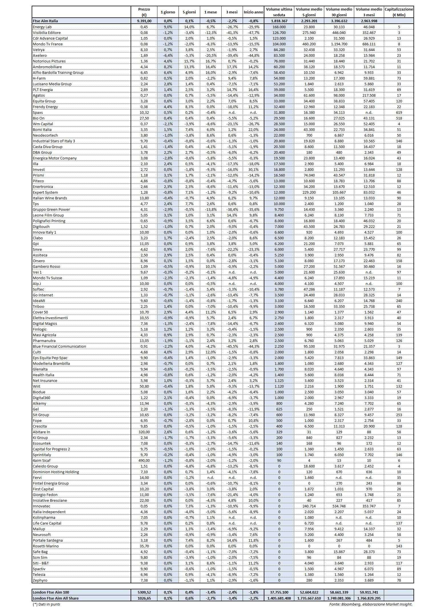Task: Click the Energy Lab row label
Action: coord(42,27)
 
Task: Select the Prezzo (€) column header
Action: coord(144,12)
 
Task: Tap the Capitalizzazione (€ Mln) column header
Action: coord(399,12)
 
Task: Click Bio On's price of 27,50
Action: coord(144,118)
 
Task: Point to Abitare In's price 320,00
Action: coord(144,432)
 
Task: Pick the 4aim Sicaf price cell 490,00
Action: coord(144,460)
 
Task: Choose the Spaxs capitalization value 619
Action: coord(399,112)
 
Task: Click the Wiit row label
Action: coord(37,386)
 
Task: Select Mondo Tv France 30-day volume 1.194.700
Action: coord(339,44)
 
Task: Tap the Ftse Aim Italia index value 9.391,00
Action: coord(144,21)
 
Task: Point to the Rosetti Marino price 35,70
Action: coord(144,546)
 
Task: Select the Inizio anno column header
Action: coord(253,12)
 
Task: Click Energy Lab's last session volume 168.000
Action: coord(279,27)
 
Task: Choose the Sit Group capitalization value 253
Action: coord(399,415)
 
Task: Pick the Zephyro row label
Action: coord(40,580)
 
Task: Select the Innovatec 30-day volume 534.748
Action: coord(339,506)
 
